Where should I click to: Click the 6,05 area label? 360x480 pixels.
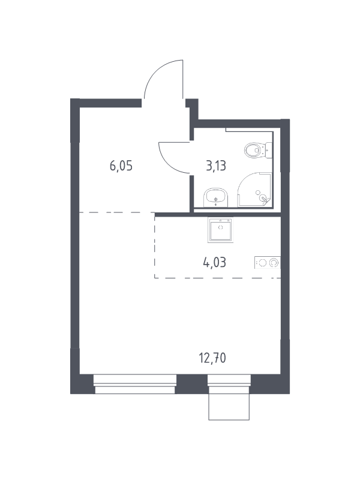tap(121, 166)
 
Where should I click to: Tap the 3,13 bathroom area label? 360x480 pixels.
tap(216, 166)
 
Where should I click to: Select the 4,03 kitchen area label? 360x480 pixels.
tap(215, 262)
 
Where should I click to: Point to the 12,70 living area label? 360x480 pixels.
tap(212, 358)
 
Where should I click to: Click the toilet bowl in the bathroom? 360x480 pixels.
tap(254, 151)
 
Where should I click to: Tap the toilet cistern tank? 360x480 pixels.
tap(268, 151)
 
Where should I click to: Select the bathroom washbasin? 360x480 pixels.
tap(216, 198)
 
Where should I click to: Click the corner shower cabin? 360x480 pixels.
tap(254, 190)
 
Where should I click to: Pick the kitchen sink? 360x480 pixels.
tap(220, 230)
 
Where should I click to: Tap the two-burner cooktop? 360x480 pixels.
tap(267, 263)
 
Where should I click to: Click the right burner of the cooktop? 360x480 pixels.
tap(274, 263)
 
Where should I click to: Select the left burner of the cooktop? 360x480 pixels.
tap(262, 263)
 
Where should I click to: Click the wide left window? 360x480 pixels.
tap(135, 384)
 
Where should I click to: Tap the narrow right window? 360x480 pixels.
tap(229, 384)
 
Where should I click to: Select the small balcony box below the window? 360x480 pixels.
tap(229, 407)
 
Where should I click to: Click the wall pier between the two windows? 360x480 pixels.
tap(192, 384)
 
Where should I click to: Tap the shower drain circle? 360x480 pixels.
tap(258, 192)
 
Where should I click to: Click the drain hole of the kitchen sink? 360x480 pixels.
tap(220, 227)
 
